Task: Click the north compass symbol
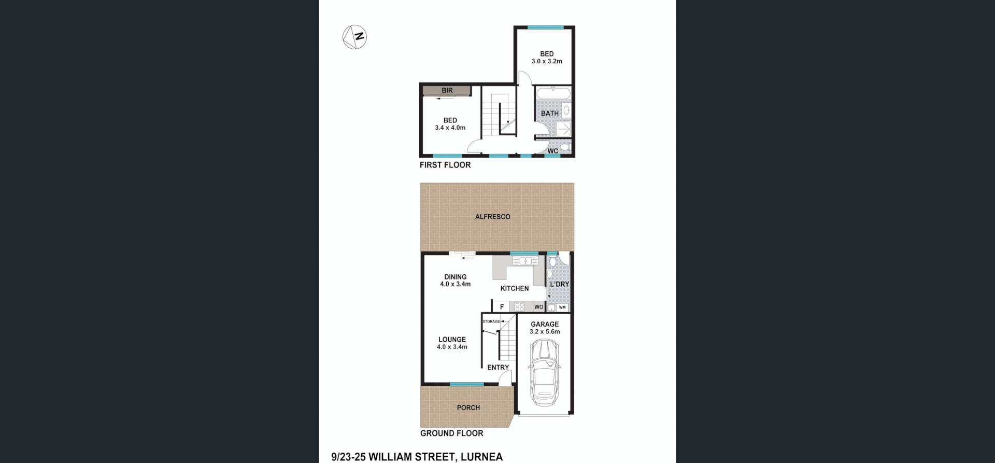(355, 37)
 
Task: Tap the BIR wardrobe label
(447, 91)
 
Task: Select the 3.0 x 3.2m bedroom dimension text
(547, 61)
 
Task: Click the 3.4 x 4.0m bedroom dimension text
(450, 128)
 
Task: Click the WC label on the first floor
(552, 151)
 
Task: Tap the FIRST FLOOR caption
(445, 165)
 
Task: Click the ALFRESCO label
(492, 217)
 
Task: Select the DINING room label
(455, 277)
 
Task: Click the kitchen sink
(525, 261)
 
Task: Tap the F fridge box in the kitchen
(502, 307)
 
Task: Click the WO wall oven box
(538, 307)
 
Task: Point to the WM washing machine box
(562, 307)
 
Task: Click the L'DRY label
(559, 284)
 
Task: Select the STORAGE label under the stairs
(491, 321)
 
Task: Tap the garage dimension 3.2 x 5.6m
(545, 332)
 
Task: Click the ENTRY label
(498, 367)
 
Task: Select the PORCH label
(468, 408)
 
